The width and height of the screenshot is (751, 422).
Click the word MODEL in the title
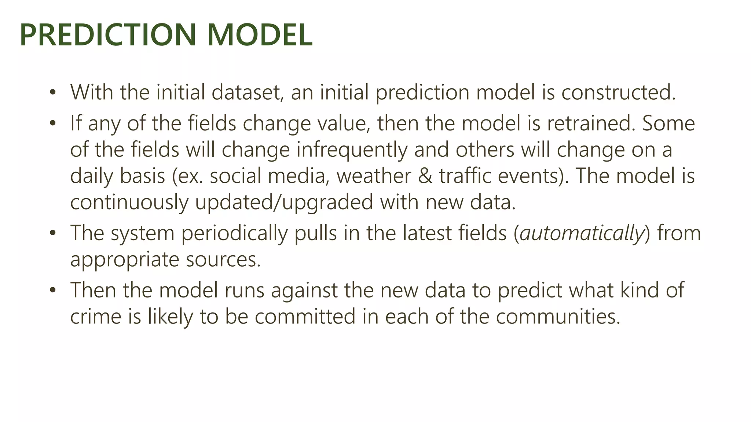(x=260, y=35)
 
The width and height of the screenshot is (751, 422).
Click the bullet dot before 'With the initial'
(x=53, y=92)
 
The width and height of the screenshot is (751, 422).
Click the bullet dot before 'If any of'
(x=53, y=123)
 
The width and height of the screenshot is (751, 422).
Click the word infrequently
(x=352, y=150)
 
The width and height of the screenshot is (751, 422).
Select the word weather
(x=374, y=176)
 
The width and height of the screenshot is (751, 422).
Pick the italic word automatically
(x=582, y=234)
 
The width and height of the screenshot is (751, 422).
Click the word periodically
(x=234, y=234)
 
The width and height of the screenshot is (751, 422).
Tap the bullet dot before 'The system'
(x=53, y=233)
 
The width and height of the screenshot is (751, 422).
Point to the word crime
(x=95, y=317)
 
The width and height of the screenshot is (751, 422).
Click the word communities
(x=558, y=317)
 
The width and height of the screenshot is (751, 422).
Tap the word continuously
(x=129, y=203)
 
